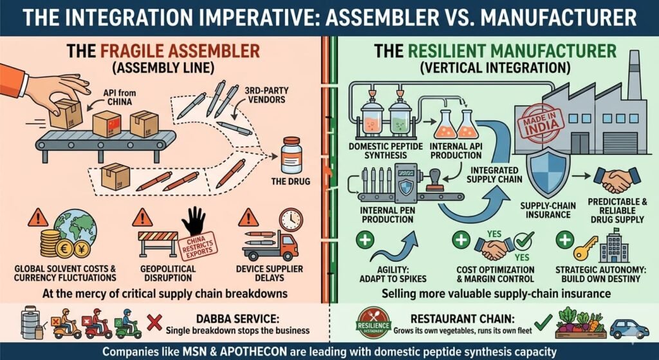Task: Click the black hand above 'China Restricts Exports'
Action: pyautogui.click(x=193, y=221)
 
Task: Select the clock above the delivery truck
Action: pyautogui.click(x=290, y=219)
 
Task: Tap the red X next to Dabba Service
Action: pyautogui.click(x=154, y=323)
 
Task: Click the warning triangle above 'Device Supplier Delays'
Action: pyautogui.click(x=248, y=218)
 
